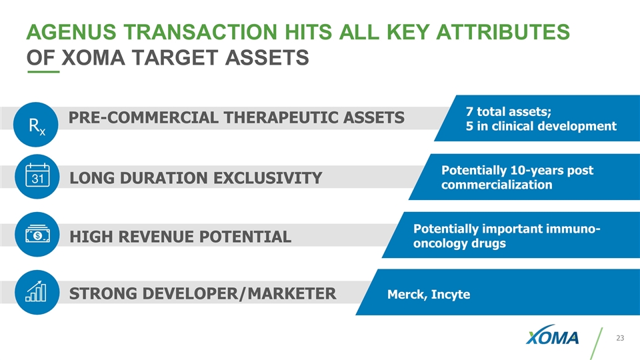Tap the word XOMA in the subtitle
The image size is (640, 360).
click(x=93, y=57)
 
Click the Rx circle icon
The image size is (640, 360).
click(x=36, y=125)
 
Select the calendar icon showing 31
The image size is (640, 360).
click(x=37, y=176)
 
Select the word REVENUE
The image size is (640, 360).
click(x=154, y=237)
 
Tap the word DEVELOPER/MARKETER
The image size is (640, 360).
click(x=203, y=293)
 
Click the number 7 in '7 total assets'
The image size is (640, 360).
click(x=469, y=111)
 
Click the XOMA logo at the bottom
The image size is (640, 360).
click(x=552, y=335)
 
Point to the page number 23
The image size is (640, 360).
click(x=620, y=338)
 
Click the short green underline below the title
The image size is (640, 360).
click(x=43, y=72)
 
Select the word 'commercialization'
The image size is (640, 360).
click(x=497, y=185)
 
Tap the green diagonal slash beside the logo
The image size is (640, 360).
click(x=596, y=343)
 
